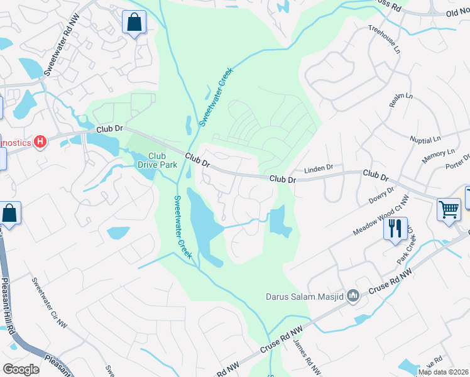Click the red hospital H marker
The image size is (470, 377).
(41, 142)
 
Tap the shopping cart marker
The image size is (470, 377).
(449, 210)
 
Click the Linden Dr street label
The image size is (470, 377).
(318, 169)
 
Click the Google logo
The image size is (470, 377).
(21, 369)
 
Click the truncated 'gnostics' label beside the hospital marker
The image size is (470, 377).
(15, 142)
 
